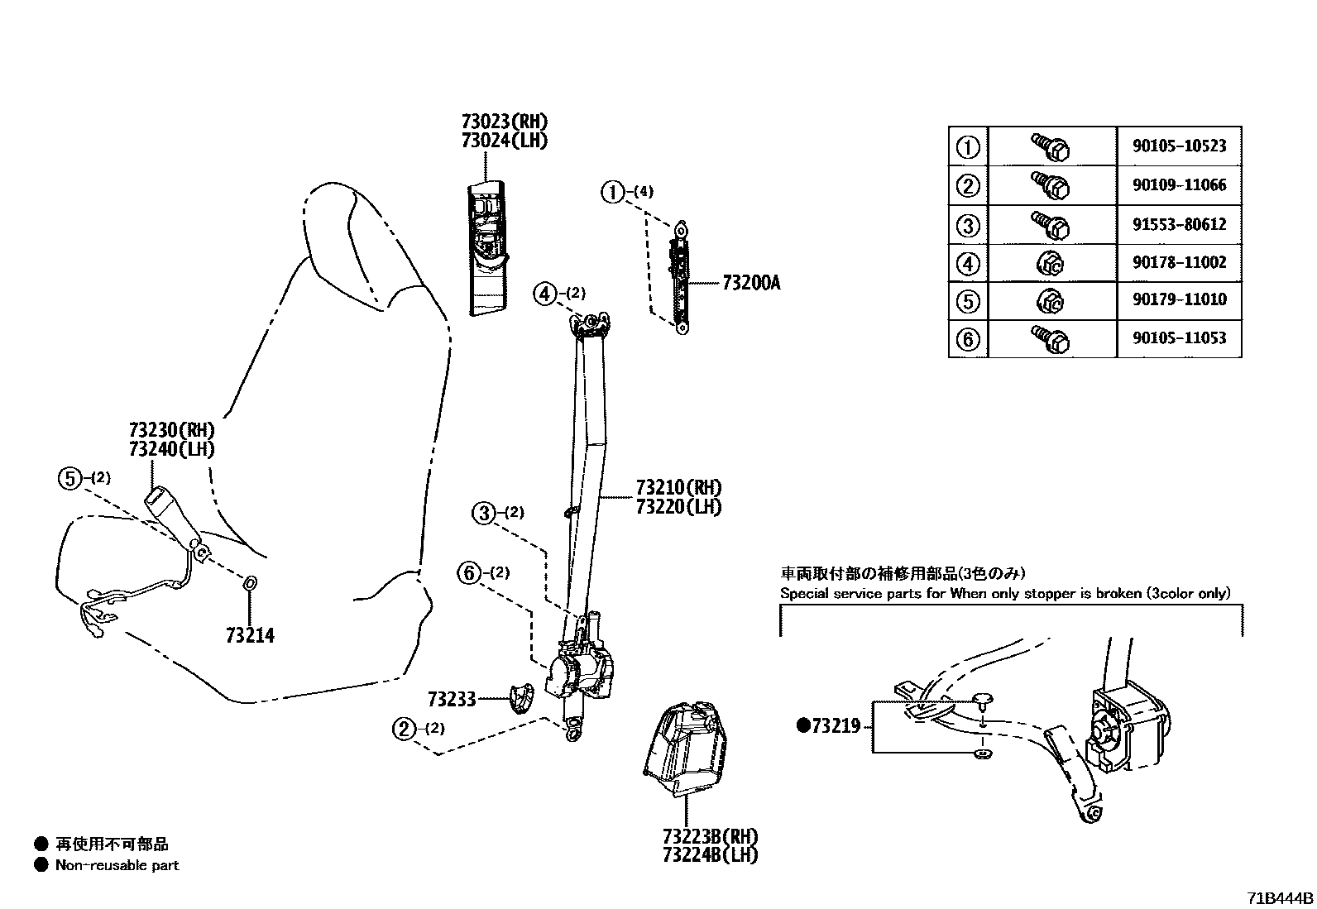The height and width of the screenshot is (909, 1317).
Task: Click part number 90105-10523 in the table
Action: tap(1179, 146)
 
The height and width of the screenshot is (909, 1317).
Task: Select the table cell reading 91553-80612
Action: tap(1179, 224)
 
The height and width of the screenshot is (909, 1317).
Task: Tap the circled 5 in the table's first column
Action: tap(968, 301)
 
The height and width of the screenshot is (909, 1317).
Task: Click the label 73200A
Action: tap(750, 283)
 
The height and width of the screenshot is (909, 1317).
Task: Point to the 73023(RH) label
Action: tap(505, 122)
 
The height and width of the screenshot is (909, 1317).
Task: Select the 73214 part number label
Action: tap(250, 635)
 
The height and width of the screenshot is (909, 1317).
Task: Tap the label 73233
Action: tap(452, 700)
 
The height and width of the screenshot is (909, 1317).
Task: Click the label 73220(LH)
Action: tap(678, 506)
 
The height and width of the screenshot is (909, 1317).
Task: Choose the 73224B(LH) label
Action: tap(710, 855)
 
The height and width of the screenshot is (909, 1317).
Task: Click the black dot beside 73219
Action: tap(802, 726)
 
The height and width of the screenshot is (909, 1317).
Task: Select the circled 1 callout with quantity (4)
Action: tap(612, 193)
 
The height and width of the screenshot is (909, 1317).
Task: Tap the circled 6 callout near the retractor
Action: tap(470, 572)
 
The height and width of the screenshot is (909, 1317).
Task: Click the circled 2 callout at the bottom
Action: tap(404, 729)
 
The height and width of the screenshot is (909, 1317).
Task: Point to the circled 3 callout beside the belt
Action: tap(484, 513)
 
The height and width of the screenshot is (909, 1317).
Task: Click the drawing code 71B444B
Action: tap(1280, 898)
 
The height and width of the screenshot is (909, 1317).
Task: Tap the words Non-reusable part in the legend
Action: tap(117, 865)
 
